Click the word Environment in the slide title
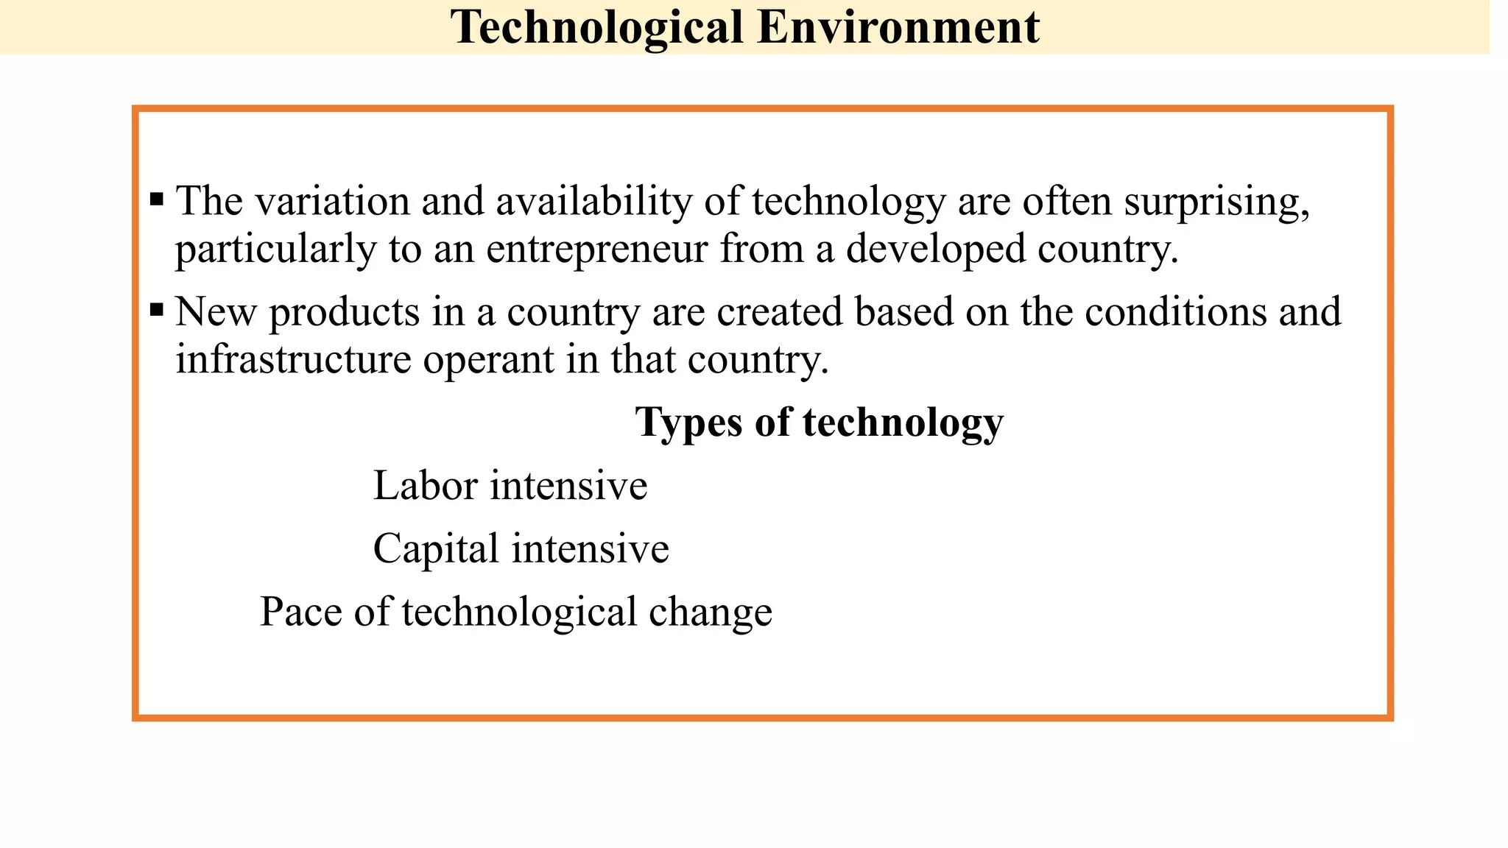(x=898, y=28)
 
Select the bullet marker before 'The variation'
(x=156, y=199)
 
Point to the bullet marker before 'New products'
(x=156, y=309)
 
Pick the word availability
(x=593, y=201)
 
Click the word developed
(x=936, y=249)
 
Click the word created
(x=780, y=311)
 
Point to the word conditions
(x=1176, y=311)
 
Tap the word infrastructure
(x=293, y=359)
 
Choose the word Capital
(x=436, y=549)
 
